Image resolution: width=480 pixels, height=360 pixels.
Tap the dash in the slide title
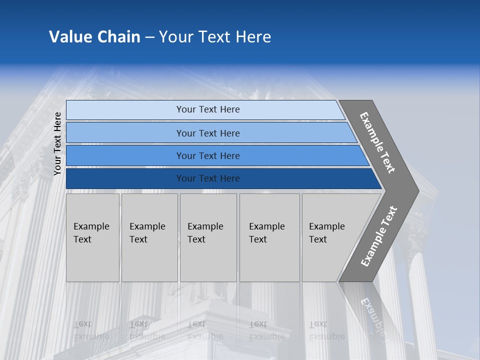point(149,37)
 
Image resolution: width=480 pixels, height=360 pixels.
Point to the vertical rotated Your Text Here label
point(57,143)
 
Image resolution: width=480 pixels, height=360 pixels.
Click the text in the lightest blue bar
point(208,109)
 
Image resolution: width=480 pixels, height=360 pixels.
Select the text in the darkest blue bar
point(208,178)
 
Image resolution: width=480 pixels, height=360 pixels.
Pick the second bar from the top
point(208,133)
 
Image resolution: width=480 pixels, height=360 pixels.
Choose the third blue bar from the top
point(208,156)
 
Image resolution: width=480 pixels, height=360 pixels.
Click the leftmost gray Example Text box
point(92,237)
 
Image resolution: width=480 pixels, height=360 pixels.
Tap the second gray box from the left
point(149,237)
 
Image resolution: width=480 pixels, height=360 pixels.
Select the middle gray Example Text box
point(208,237)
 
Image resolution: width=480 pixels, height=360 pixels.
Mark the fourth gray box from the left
point(269,237)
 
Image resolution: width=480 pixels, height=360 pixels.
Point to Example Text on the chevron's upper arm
point(377,142)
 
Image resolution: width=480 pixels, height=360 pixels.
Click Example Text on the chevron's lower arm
point(379,236)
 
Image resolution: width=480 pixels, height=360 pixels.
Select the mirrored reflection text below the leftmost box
point(91,330)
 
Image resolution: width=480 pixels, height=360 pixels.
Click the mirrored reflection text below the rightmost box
point(327,330)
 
